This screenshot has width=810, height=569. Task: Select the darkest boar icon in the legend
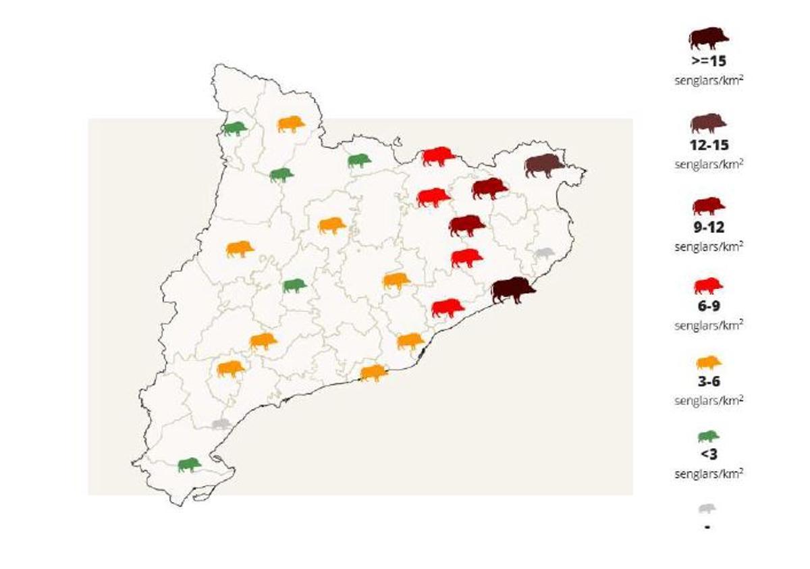708,38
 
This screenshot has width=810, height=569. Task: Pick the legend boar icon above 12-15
708,123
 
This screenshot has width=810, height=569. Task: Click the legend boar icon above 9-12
708,205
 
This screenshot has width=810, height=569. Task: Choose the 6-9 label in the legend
708,306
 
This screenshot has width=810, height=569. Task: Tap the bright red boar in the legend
708,286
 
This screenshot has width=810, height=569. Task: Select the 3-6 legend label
708,381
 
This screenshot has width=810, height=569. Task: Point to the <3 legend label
708,455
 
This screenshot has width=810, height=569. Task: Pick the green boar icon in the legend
708,437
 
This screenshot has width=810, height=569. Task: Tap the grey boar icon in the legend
707,508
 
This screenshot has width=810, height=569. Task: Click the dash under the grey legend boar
707,526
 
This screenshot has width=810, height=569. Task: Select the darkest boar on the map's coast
512,290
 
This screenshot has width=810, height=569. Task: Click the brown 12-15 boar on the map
544,165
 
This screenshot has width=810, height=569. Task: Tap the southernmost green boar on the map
189,464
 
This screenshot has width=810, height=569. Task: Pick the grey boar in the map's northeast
543,254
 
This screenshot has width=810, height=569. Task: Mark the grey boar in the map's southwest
221,424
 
